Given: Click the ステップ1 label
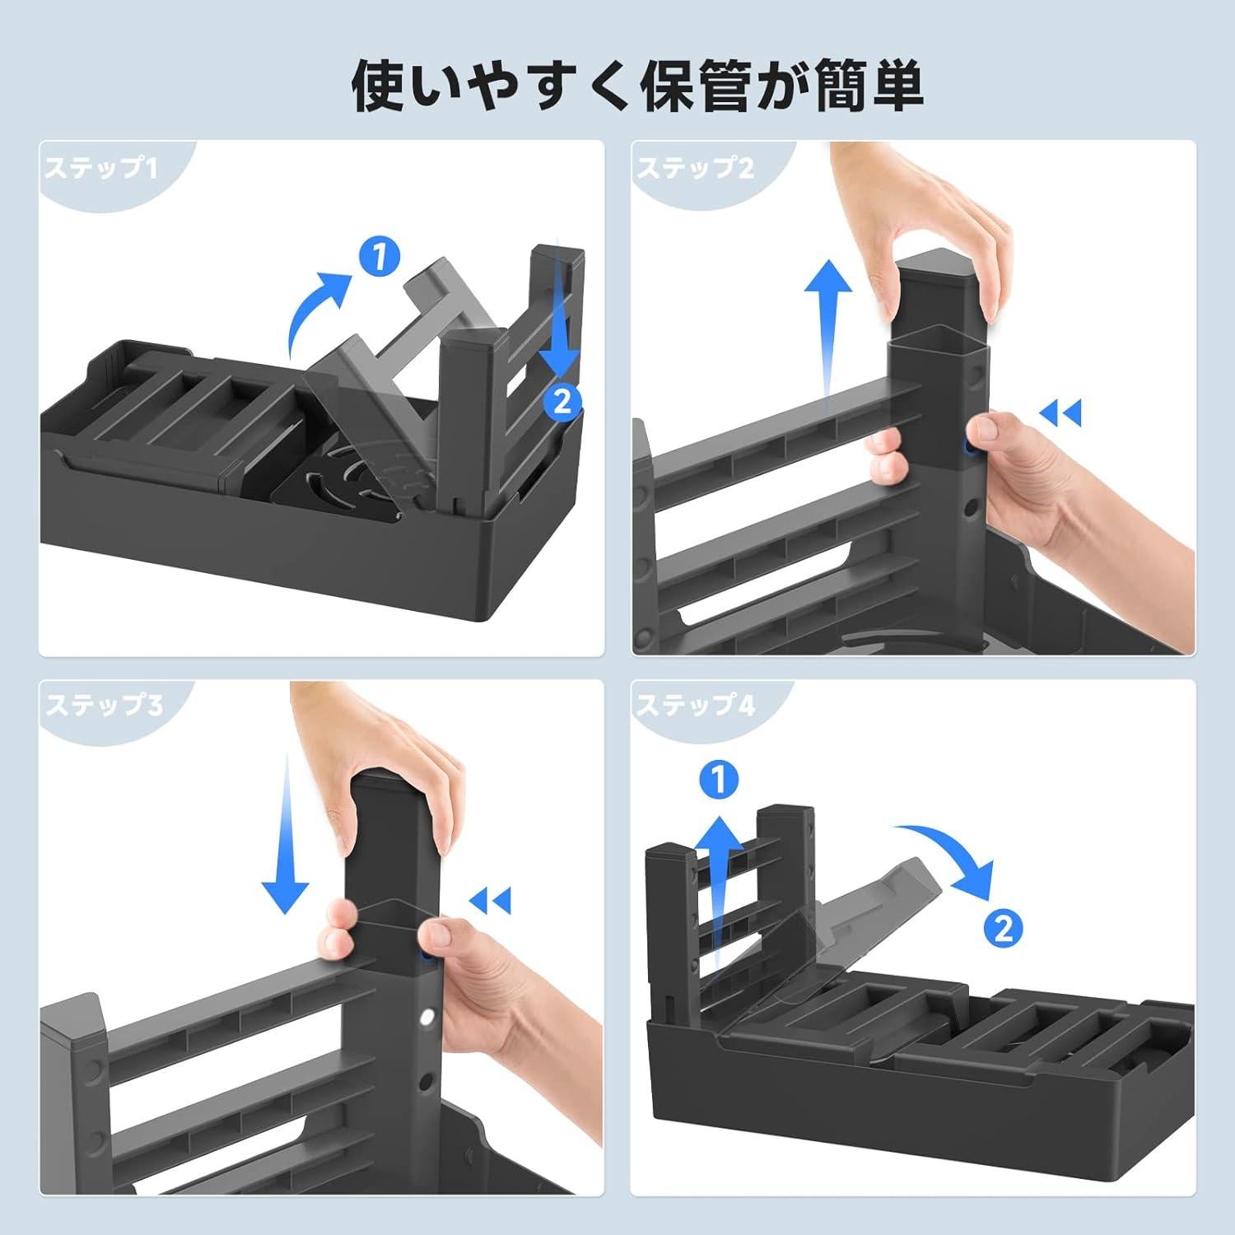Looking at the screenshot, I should click(x=100, y=169).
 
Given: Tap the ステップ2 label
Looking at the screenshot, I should click(x=695, y=169).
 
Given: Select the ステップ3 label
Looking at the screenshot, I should click(x=104, y=706).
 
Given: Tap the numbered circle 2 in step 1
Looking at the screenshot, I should click(x=562, y=401).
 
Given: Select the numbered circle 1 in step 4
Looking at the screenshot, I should click(x=718, y=779).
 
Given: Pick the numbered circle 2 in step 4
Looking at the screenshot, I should click(x=1003, y=929).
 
